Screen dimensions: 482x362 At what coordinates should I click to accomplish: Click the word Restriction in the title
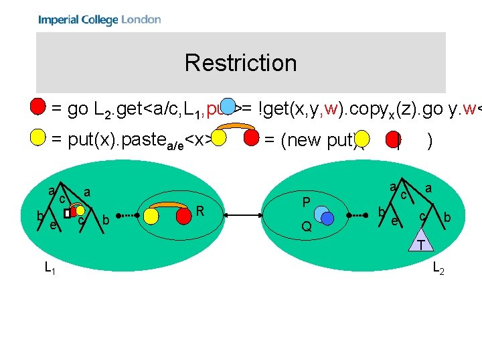pos(240,63)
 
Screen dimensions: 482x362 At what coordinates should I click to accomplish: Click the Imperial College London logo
pos(99,19)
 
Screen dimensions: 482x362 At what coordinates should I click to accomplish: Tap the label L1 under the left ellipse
pos(50,268)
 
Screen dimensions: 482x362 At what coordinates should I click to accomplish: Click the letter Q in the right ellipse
pos(306,227)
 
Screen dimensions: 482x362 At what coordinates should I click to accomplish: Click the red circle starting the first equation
pos(39,107)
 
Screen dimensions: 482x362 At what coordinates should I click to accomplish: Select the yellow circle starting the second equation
pos(39,138)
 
